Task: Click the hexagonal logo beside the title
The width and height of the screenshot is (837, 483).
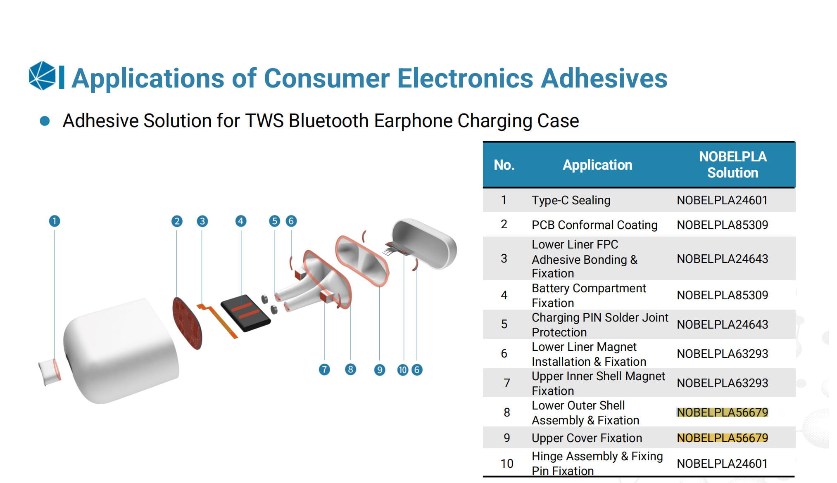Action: click(x=42, y=76)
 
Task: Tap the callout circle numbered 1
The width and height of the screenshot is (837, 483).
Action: click(x=55, y=221)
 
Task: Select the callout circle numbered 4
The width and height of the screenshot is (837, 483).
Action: click(x=241, y=221)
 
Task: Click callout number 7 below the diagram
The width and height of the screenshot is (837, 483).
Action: click(x=324, y=369)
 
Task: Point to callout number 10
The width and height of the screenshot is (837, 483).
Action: click(x=403, y=370)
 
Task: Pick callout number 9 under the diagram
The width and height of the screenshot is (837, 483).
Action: click(x=380, y=370)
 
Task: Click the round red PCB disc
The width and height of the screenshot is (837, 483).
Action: click(x=187, y=323)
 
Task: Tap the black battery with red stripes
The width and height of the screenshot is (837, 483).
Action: click(x=245, y=313)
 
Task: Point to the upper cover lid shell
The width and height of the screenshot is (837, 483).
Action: click(x=424, y=244)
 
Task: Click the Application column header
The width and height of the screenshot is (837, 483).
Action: click(x=597, y=165)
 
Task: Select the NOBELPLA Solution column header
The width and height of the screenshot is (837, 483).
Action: click(x=733, y=165)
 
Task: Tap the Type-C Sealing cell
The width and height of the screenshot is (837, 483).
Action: click(x=571, y=200)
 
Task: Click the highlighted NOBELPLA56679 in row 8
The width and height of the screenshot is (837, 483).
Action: click(x=723, y=412)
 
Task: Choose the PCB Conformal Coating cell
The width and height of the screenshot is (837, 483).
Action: click(x=594, y=225)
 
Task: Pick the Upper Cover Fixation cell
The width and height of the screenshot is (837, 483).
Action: click(x=587, y=438)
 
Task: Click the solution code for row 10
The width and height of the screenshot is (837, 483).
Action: click(x=723, y=464)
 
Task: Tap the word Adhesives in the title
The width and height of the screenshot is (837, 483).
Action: click(x=604, y=78)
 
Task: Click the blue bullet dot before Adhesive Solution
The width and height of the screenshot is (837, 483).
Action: click(x=45, y=121)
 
